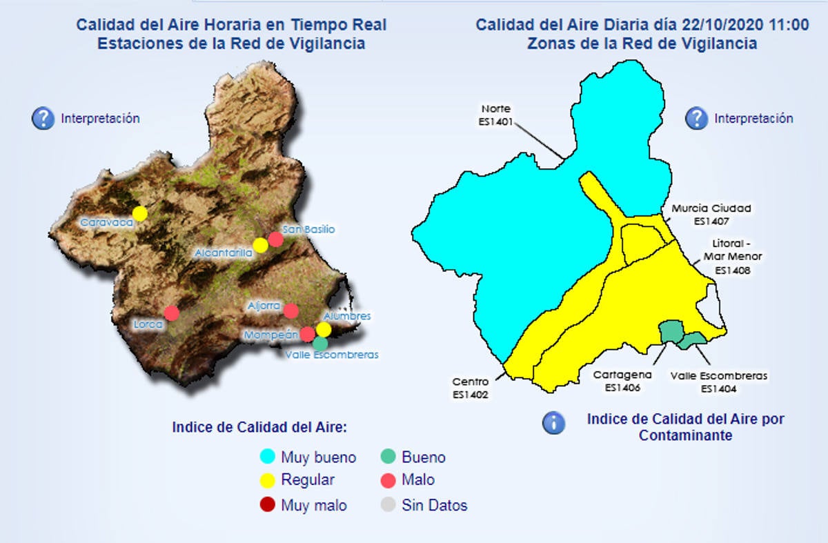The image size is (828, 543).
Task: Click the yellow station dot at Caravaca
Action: pyautogui.click(x=140, y=213)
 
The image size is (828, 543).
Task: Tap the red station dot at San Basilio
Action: pyautogui.click(x=275, y=239)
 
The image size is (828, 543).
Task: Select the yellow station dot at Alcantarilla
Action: pyautogui.click(x=260, y=245)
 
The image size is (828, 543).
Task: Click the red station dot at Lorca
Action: pyautogui.click(x=172, y=313)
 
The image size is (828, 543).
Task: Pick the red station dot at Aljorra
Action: pyautogui.click(x=290, y=311)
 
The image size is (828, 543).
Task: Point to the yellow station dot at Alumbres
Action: pyautogui.click(x=324, y=329)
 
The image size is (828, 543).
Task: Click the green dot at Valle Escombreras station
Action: pyautogui.click(x=319, y=342)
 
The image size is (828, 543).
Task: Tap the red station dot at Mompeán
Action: pyautogui.click(x=308, y=334)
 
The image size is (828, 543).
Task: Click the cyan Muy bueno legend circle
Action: pyautogui.click(x=268, y=457)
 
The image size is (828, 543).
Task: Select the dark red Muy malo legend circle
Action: pyautogui.click(x=268, y=505)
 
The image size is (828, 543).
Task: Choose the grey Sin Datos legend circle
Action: pyautogui.click(x=388, y=505)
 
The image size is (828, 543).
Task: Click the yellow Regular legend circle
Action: pyautogui.click(x=268, y=480)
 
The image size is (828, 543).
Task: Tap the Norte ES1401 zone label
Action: pyautogui.click(x=495, y=115)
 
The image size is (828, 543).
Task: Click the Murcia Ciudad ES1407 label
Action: pyautogui.click(x=702, y=215)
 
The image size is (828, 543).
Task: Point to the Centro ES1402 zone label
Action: pyautogui.click(x=471, y=388)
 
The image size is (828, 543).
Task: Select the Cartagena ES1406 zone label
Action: pyautogui.click(x=622, y=381)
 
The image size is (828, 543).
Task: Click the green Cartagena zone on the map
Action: pyautogui.click(x=670, y=331)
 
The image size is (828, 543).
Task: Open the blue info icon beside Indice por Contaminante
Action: pyautogui.click(x=553, y=422)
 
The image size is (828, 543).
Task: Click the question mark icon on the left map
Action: pyautogui.click(x=43, y=119)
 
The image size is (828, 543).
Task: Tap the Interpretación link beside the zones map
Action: pyautogui.click(x=753, y=119)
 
